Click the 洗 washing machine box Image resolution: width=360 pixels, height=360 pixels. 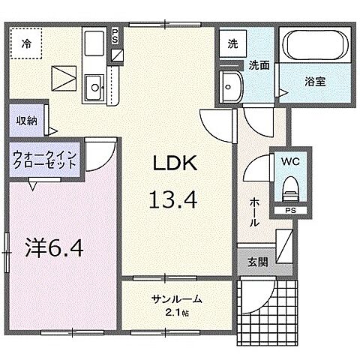pyautogui.click(x=233, y=43)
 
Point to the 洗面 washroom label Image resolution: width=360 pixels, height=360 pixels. pyautogui.click(x=259, y=65)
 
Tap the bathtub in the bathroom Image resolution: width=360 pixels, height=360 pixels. pyautogui.click(x=315, y=46)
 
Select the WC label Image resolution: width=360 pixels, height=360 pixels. pyautogui.click(x=289, y=160)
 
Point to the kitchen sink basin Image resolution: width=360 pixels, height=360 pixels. pyautogui.click(x=95, y=88)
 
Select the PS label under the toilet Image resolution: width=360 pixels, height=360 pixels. pyautogui.click(x=289, y=211)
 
